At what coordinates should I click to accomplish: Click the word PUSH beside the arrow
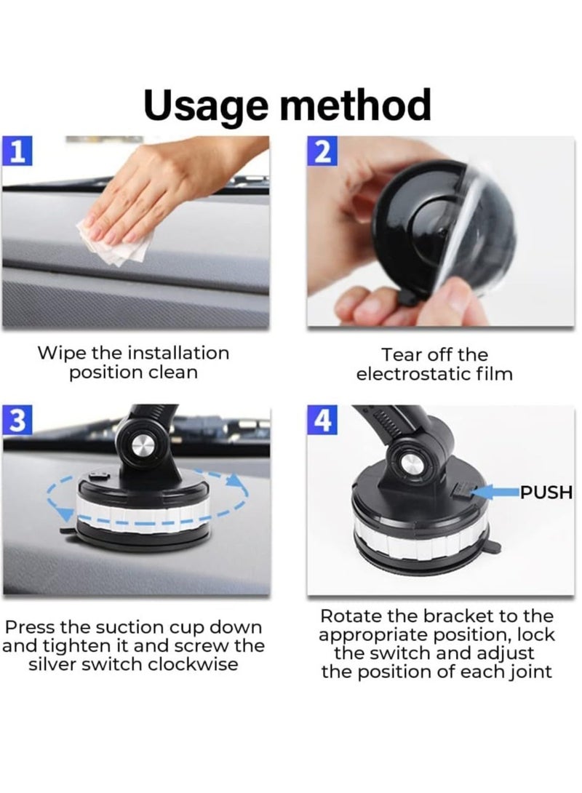tap(546, 493)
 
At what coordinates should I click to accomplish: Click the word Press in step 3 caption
tap(29, 627)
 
